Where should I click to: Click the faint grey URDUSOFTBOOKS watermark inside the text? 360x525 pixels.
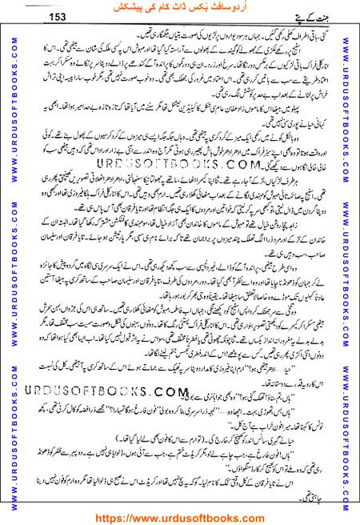pos(168,125)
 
